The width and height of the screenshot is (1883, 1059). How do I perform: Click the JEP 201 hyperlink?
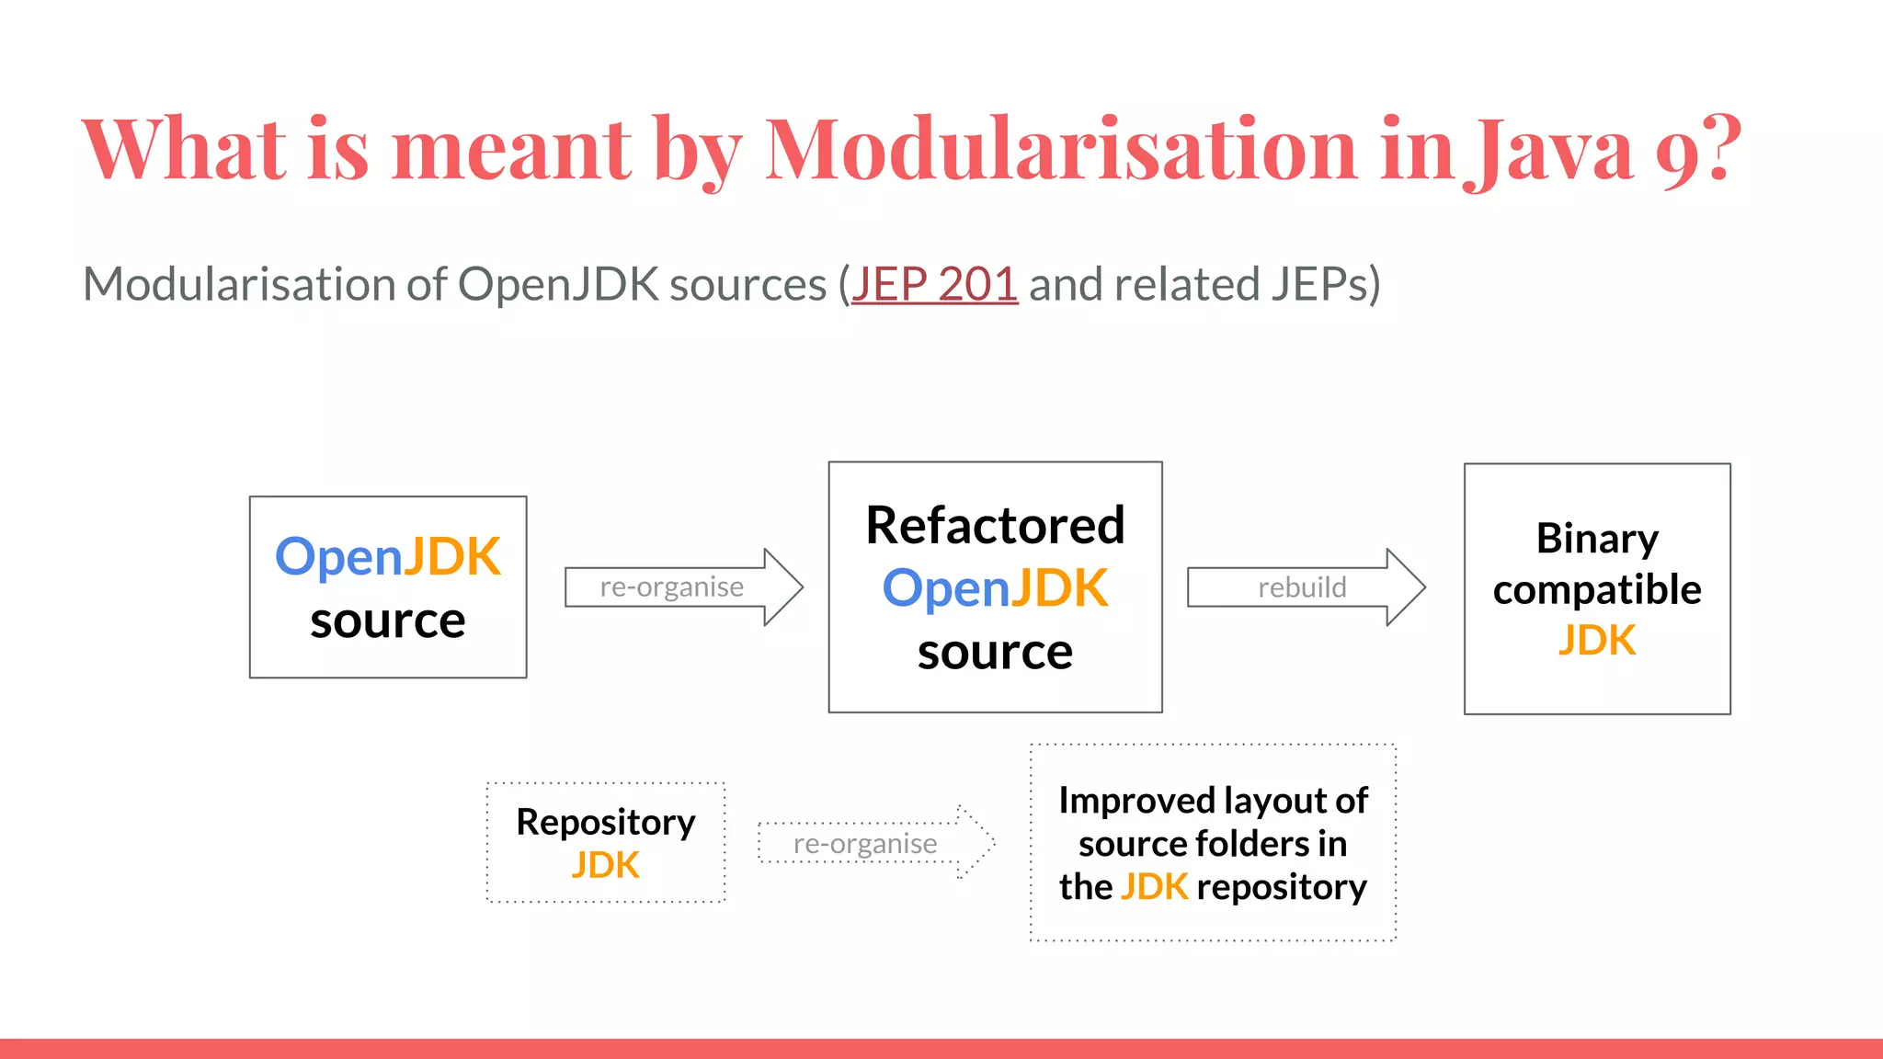click(x=934, y=284)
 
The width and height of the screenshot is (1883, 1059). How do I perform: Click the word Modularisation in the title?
click(x=1060, y=149)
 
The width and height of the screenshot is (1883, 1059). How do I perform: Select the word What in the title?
click(x=184, y=149)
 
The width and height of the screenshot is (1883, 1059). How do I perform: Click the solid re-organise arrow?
click(x=682, y=587)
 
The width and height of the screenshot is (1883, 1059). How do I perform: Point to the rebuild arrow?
click(x=1305, y=587)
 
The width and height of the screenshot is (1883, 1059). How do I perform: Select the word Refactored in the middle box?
click(x=995, y=526)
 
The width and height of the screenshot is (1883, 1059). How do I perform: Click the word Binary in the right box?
click(x=1597, y=539)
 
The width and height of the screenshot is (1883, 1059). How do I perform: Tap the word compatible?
click(x=1597, y=589)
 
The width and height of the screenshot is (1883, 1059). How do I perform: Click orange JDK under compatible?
click(x=1597, y=641)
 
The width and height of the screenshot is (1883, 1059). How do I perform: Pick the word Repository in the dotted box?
click(x=605, y=822)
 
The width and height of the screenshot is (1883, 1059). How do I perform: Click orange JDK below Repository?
click(x=605, y=865)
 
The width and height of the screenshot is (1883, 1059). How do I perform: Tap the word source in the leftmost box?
click(x=387, y=621)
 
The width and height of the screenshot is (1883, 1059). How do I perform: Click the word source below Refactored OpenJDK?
click(x=995, y=652)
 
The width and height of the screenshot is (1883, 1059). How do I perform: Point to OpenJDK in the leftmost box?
click(x=387, y=557)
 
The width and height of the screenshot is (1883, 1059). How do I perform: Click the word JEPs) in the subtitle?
click(x=1326, y=284)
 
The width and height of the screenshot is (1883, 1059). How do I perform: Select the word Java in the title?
click(x=1554, y=149)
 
